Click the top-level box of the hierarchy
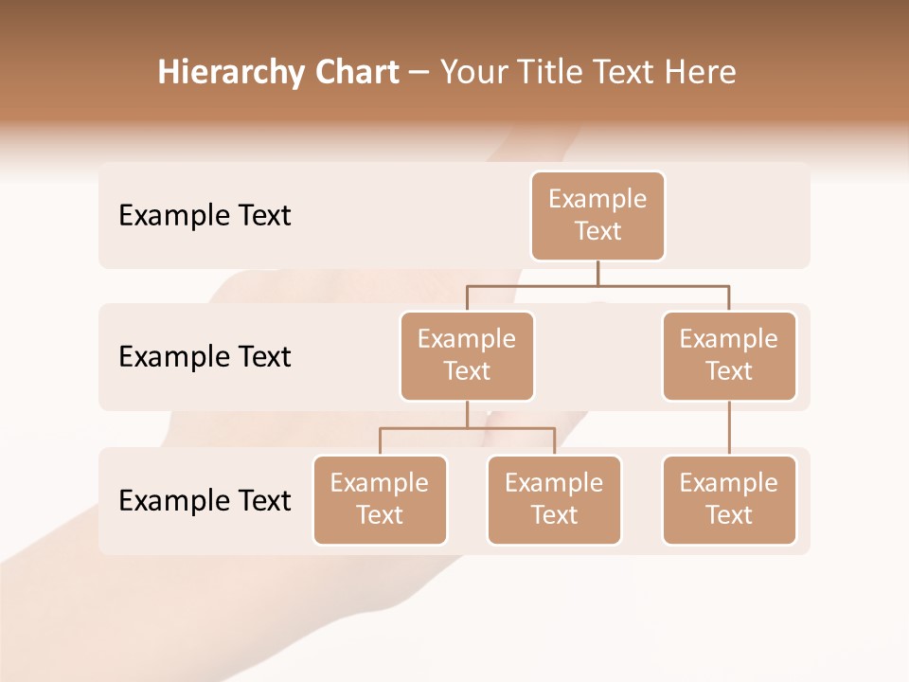(x=597, y=216)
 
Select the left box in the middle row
(x=467, y=356)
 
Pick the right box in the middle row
(x=729, y=356)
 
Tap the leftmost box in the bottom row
(x=380, y=500)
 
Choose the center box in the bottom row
(x=554, y=500)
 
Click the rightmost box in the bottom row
(x=729, y=500)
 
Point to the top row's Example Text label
(x=205, y=216)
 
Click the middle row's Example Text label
(x=205, y=357)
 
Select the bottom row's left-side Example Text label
(x=205, y=501)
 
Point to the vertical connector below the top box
(x=597, y=273)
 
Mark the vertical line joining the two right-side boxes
(x=729, y=428)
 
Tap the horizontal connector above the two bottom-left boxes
(x=467, y=428)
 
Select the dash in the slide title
(x=419, y=73)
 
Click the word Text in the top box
(x=597, y=231)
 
